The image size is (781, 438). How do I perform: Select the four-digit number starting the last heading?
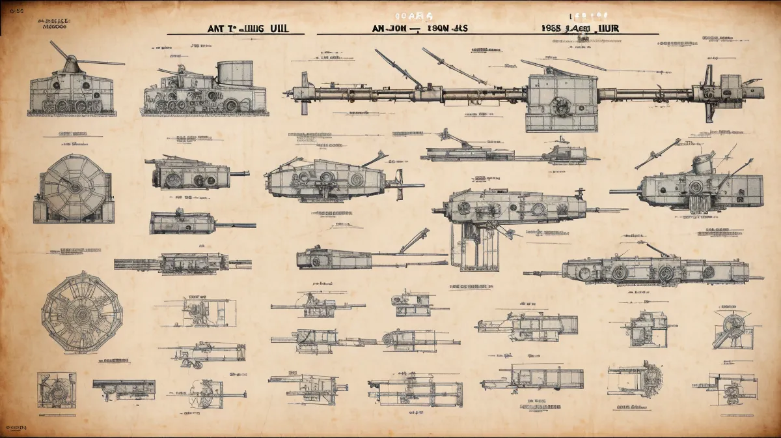[551, 29]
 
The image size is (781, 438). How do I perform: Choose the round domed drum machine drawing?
[73, 188]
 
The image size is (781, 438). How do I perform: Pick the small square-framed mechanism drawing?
[56, 390]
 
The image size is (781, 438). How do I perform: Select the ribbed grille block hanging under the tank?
[698, 203]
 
